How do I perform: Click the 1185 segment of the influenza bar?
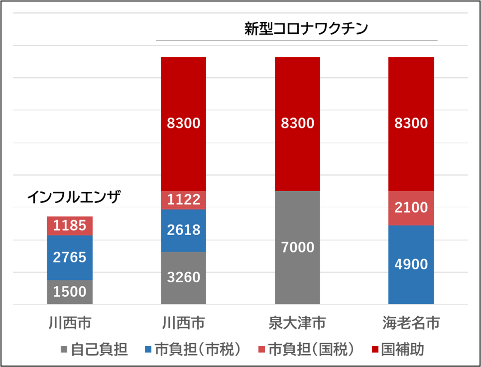click(70, 226)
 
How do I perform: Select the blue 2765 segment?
click(70, 257)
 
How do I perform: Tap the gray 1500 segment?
click(70, 292)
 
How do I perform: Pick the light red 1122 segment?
click(183, 200)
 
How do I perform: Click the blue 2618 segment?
click(183, 230)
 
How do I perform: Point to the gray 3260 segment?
click(183, 277)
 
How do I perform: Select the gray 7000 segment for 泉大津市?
click(297, 247)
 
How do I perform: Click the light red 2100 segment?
click(411, 208)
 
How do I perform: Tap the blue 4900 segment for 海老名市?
click(411, 264)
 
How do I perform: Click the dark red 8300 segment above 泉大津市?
click(297, 123)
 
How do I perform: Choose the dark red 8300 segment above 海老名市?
click(411, 123)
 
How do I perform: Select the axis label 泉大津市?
click(297, 323)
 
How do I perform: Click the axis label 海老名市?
click(411, 323)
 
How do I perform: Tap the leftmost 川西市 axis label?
click(70, 323)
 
